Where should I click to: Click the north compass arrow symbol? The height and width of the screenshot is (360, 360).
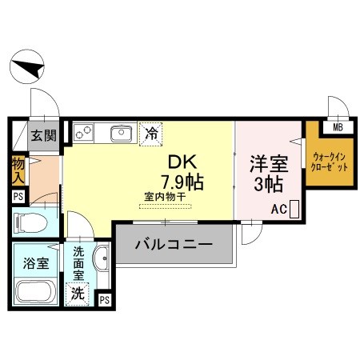[27, 66]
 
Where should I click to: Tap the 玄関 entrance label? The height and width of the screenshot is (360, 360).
[44, 135]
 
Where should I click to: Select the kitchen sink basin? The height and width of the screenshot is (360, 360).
[122, 133]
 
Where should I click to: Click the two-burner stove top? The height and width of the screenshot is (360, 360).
[83, 133]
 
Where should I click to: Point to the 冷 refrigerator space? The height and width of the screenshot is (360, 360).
[151, 134]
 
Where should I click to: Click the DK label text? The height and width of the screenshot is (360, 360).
[182, 162]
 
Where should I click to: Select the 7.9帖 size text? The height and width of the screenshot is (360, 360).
[182, 182]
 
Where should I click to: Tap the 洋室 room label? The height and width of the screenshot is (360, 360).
[269, 164]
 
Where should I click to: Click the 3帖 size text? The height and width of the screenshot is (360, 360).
[269, 184]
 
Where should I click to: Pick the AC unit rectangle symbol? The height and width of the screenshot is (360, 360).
[294, 209]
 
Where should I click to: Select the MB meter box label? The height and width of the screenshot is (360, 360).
[338, 128]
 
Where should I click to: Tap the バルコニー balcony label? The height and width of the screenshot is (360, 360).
[174, 244]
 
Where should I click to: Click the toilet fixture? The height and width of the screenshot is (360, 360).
[31, 222]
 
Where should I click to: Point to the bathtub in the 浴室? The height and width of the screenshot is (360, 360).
[36, 291]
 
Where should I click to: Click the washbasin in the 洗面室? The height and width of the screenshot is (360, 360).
[101, 258]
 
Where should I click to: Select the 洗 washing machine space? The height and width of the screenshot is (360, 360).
[78, 294]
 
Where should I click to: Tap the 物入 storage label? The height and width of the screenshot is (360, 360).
[18, 170]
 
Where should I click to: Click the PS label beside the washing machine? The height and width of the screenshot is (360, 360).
[105, 300]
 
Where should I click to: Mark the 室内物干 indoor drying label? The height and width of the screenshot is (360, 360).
[165, 197]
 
